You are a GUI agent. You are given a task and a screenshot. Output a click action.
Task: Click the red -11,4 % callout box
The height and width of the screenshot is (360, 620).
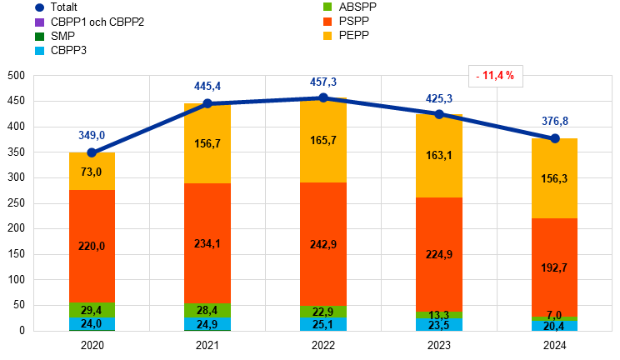[495, 76]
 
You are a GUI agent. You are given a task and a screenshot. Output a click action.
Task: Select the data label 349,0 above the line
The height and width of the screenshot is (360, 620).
[92, 135]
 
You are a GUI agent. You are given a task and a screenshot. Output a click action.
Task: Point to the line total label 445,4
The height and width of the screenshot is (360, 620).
[207, 86]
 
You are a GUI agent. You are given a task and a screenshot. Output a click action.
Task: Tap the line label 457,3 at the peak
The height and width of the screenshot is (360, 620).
[323, 82]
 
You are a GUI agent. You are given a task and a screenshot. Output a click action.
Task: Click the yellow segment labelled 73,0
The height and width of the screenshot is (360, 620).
[92, 172]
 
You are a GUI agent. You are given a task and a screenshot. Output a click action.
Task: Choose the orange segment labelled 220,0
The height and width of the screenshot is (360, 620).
[92, 247]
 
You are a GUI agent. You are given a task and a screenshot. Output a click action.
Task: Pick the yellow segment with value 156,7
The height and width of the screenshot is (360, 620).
[207, 143]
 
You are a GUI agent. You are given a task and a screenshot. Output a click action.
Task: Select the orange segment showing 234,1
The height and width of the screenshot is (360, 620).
[207, 243]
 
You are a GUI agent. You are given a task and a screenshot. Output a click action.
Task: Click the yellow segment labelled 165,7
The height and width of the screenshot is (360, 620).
[323, 140]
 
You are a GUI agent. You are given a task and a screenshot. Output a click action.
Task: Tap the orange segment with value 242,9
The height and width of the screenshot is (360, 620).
[323, 244]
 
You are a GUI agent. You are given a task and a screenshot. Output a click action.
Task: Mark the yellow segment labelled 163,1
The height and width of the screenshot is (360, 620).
[439, 156]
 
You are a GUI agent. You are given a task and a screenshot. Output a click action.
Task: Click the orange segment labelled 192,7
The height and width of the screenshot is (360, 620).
[555, 267]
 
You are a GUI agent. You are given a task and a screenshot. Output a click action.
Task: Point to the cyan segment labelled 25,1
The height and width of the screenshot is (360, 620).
[323, 324]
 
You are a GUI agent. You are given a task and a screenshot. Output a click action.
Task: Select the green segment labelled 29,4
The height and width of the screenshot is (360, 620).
[92, 310]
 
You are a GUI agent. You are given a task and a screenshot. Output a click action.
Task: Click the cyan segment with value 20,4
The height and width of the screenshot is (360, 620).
[555, 326]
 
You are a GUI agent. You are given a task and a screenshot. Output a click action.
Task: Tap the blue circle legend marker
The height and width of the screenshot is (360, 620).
[39, 7]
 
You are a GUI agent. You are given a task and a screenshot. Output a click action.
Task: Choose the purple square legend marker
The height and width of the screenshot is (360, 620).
[39, 22]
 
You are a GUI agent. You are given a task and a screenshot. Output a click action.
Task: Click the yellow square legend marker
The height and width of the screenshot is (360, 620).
[327, 36]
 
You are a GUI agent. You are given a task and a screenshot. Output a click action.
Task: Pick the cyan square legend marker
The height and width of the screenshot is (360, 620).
[39, 51]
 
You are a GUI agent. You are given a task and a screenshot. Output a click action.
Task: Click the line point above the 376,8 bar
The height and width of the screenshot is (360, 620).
[555, 137]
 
